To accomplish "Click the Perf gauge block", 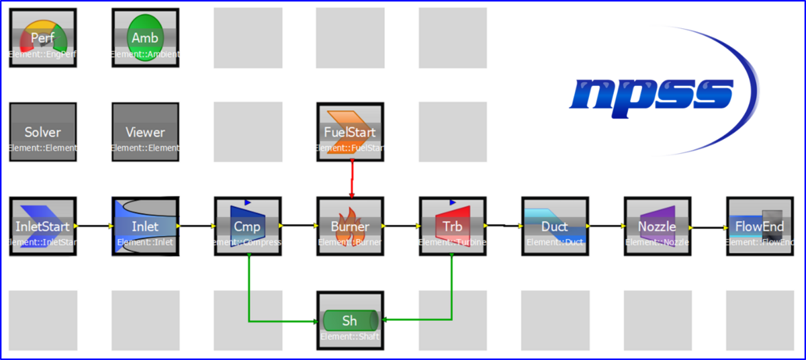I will coord(43,38).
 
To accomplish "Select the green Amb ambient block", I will coord(145,38).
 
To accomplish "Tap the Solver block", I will coord(43,132).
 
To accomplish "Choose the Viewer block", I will coord(145,132).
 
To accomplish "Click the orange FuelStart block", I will coord(350,132).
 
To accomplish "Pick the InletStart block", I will coord(43,226).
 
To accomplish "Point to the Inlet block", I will coord(145,226).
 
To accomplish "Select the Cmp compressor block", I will coord(247,226).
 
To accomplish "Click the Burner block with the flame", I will coord(350,226).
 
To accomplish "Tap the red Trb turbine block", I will coord(452,226).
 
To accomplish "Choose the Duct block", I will coord(555,226).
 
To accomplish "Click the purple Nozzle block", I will coord(657,226).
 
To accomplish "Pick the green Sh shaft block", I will coord(350,320).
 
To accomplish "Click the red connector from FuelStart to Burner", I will coord(351,179).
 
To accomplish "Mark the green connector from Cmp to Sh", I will coord(249,289).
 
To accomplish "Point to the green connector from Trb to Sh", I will coord(451,289).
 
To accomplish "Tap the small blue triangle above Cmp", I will coord(247,201).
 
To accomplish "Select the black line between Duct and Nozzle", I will coord(604,226).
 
